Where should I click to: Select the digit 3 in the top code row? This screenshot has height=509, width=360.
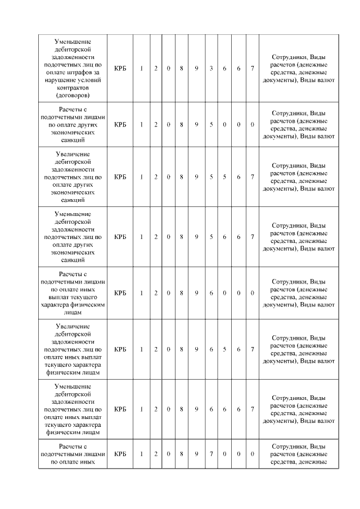tap(211, 69)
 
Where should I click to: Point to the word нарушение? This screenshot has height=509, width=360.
tap(60, 80)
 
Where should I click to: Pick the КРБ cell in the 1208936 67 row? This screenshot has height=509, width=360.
tap(120, 69)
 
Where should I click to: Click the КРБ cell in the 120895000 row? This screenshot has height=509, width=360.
tap(120, 124)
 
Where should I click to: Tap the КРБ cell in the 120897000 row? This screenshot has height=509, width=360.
tap(120, 454)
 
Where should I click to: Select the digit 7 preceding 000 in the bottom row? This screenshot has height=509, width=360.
tap(211, 454)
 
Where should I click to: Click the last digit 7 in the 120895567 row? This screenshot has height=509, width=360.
tap(253, 177)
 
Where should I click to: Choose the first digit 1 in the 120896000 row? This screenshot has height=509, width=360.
tap(141, 293)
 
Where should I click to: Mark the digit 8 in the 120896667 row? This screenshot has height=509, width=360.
tap(182, 409)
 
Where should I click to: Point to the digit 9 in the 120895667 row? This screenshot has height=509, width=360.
tap(196, 237)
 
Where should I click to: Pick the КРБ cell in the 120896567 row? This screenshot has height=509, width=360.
tap(120, 349)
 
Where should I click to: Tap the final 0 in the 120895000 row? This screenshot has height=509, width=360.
tap(253, 124)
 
